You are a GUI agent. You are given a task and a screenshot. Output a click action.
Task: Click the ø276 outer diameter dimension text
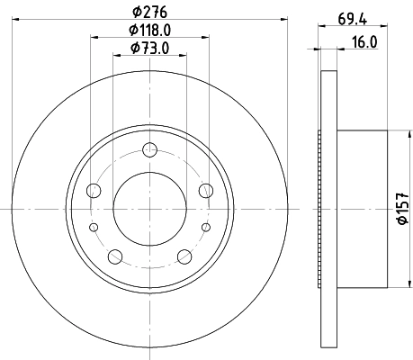coord(150,12)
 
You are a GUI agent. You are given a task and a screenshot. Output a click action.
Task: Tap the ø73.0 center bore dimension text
coord(150,48)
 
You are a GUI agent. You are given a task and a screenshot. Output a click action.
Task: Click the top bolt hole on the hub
coord(150,150)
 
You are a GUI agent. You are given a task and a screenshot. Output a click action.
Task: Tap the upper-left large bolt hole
coord(94,190)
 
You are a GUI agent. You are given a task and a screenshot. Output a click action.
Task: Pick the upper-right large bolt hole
coord(207,190)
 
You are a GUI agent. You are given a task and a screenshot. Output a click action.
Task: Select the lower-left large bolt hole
coord(115,256)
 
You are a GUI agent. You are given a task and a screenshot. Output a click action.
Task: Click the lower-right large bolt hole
coord(185,256)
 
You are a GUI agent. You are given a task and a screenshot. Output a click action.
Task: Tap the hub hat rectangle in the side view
coord(360,209)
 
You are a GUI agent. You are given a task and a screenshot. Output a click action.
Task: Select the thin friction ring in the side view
coord(327,209)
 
